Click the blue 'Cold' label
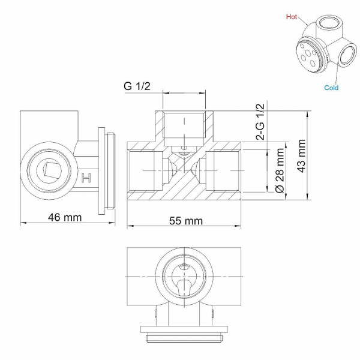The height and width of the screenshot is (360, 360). click(x=331, y=88)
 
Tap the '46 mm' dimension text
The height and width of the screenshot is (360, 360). click(x=64, y=217)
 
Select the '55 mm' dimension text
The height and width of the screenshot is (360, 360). click(x=185, y=221)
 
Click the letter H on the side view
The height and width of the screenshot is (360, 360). click(x=86, y=178)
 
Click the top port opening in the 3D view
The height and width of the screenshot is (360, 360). click(x=328, y=25)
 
